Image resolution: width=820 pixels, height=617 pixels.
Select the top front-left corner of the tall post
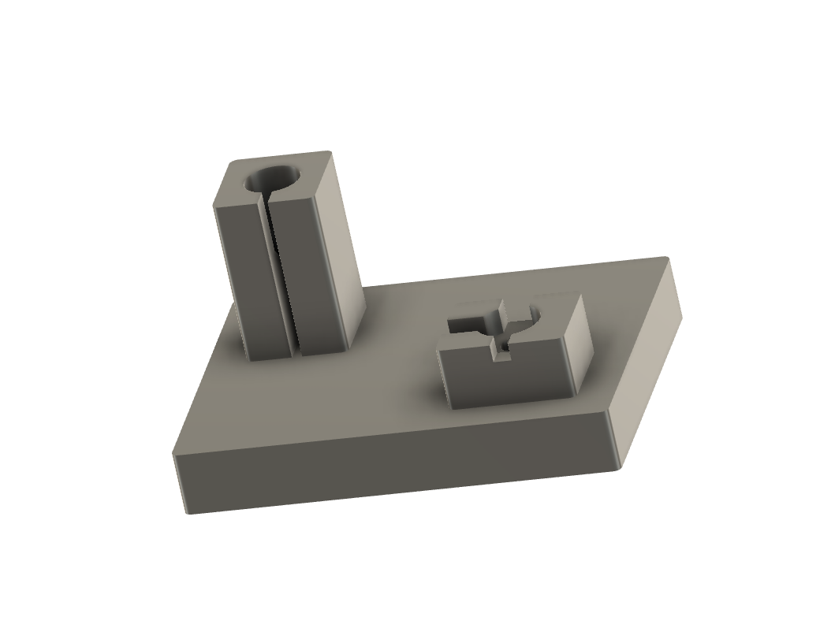point(214,206)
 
